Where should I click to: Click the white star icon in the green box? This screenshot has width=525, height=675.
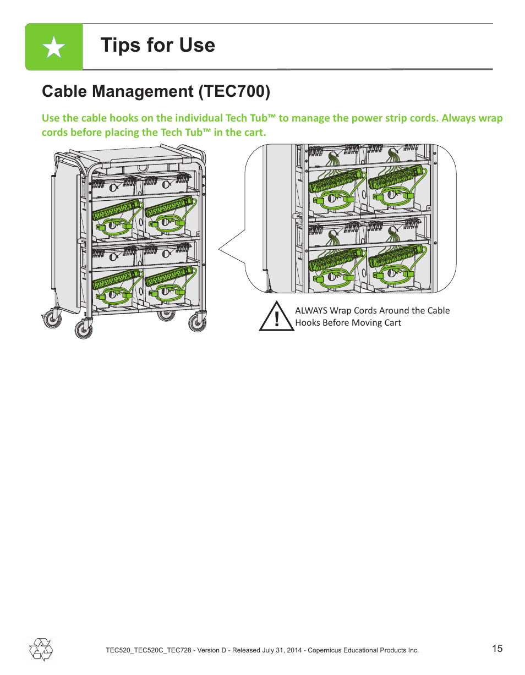[x=53, y=47]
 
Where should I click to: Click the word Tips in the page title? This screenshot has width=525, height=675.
[x=121, y=45]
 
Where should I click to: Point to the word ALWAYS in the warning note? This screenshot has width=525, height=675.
[x=311, y=311]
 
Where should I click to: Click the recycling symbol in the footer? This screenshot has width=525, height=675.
[x=41, y=649]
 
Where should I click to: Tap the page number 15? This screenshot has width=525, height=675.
[x=497, y=649]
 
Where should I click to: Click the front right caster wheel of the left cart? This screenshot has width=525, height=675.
[x=196, y=323]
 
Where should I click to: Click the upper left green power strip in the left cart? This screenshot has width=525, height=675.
[x=116, y=211]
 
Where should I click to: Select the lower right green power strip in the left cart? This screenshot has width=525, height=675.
[x=169, y=278]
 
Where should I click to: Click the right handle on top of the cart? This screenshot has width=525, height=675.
[x=193, y=149]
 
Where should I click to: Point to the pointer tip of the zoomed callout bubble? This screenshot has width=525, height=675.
[x=220, y=250]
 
